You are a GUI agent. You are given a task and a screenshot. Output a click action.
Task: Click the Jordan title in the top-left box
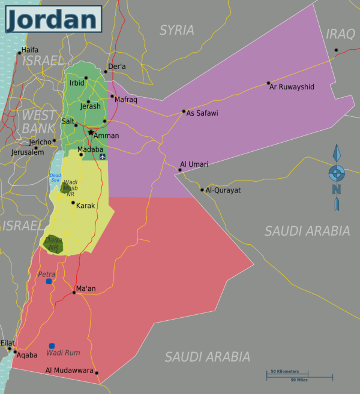[53, 19]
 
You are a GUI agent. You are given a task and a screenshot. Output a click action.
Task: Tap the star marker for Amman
[91, 132]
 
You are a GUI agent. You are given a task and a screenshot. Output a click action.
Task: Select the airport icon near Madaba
[103, 157]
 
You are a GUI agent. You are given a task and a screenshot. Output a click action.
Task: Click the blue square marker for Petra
[49, 281]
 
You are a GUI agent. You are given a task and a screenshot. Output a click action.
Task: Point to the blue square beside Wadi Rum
[52, 345]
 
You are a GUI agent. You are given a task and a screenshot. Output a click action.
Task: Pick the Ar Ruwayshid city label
[292, 87]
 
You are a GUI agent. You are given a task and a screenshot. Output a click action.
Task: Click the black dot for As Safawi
[184, 111]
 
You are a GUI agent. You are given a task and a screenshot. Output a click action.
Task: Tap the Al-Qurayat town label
[223, 190]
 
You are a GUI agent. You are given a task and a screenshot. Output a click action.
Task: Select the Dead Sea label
[55, 177]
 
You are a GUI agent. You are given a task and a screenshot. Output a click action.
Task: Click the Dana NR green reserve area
[53, 243]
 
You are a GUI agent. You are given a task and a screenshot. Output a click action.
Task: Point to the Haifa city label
[29, 50]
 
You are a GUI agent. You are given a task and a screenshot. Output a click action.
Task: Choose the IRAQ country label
[340, 34]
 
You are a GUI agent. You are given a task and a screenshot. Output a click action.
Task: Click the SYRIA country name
[176, 30]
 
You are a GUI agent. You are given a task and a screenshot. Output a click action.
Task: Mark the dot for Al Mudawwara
[96, 373]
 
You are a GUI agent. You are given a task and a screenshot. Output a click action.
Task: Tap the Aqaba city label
[27, 355]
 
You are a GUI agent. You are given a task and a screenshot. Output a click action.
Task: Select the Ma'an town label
[86, 288]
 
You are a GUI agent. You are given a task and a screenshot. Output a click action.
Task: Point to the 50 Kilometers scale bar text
[284, 372]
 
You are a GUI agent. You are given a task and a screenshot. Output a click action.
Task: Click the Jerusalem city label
[28, 152]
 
